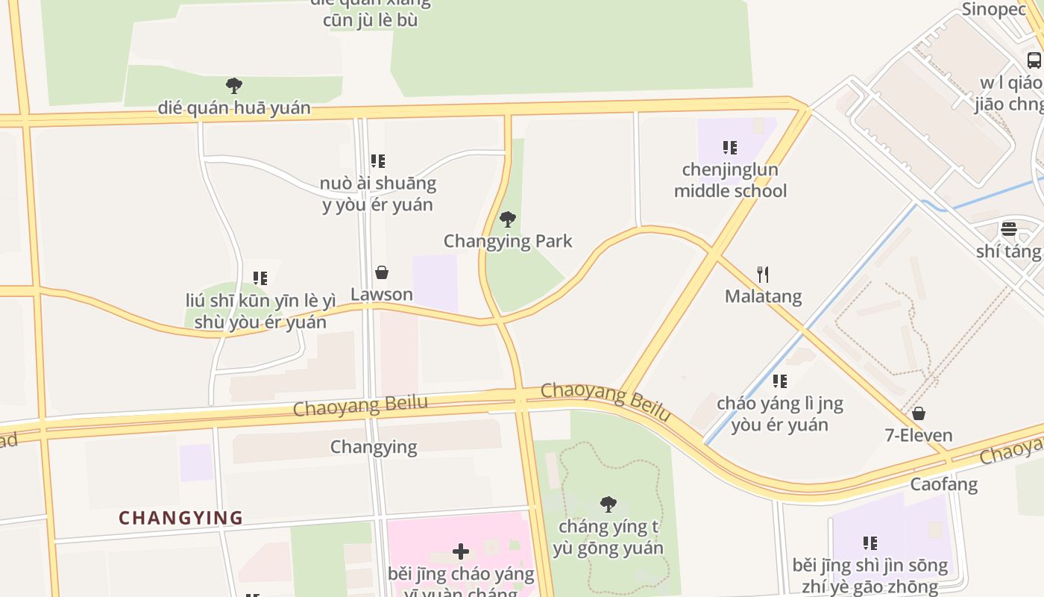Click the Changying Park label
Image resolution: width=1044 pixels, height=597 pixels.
[x=508, y=241]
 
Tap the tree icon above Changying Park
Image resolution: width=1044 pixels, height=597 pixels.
[x=508, y=219]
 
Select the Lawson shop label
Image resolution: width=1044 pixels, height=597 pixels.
[x=382, y=295]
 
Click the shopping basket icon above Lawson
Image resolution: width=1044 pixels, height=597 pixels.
[x=382, y=273]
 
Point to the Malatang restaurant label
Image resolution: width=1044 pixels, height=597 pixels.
[x=763, y=296]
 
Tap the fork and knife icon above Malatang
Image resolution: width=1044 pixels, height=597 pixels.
[x=762, y=275]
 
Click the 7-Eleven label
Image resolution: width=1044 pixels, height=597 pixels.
[x=919, y=435]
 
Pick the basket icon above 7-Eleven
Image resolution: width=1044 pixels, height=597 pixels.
[x=919, y=413]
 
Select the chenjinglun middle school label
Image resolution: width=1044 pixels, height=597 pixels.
[x=730, y=181]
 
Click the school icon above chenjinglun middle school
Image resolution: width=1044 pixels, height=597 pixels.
[x=730, y=148]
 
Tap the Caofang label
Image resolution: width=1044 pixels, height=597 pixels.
[x=943, y=484]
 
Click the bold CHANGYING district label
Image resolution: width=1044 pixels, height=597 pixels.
[x=181, y=518]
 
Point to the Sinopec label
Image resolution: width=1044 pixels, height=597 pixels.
[x=994, y=9]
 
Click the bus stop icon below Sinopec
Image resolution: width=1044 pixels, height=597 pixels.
[x=1034, y=60]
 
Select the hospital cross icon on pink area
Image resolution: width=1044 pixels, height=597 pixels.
[x=461, y=551]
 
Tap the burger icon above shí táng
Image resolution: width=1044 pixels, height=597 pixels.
[x=1009, y=229]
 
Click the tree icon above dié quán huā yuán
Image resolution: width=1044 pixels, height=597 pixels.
[x=234, y=86]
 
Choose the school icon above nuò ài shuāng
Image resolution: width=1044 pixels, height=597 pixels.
[x=378, y=161]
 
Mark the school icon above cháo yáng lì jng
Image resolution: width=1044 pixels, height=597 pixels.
[x=780, y=381]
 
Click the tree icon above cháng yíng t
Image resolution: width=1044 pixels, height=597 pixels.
[x=609, y=504]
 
